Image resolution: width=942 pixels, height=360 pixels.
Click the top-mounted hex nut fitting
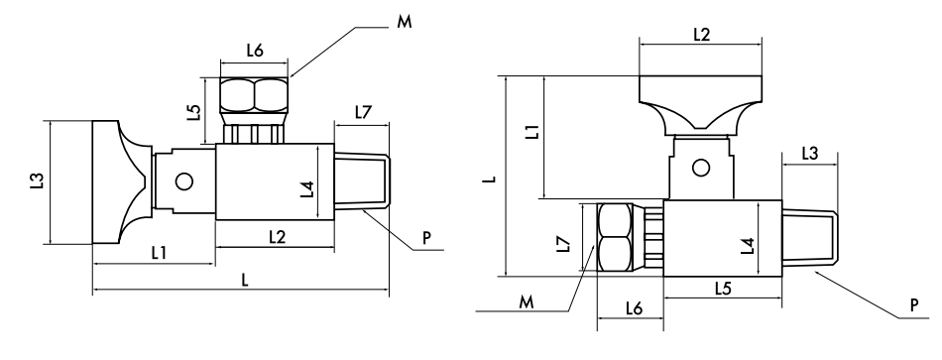(x=254, y=95)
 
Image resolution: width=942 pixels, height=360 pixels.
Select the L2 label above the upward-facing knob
(x=700, y=34)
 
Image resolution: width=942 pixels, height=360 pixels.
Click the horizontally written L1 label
(x=159, y=252)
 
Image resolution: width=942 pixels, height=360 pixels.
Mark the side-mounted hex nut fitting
(x=614, y=237)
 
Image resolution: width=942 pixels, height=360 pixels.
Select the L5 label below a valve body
(x=723, y=287)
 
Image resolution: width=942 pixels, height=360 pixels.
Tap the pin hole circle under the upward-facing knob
(x=700, y=168)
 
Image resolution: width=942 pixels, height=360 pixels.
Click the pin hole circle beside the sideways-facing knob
(x=183, y=181)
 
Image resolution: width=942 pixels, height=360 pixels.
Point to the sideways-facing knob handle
(x=119, y=181)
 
